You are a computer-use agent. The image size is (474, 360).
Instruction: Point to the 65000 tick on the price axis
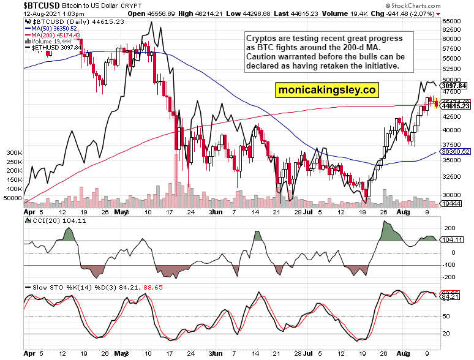coord(451,21)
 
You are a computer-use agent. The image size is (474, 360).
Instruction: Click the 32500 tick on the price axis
coord(451,176)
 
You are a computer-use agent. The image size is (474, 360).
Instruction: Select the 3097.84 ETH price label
coord(454,86)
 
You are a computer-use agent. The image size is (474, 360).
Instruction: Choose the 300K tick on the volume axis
coord(13,152)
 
